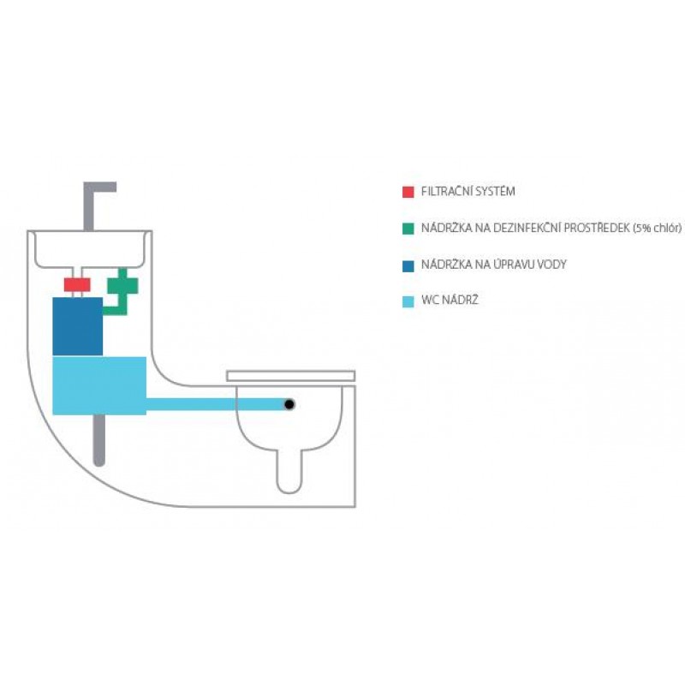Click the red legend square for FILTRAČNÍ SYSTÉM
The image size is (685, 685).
click(x=408, y=192)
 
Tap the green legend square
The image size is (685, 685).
click(x=408, y=229)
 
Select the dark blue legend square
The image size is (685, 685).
click(x=408, y=265)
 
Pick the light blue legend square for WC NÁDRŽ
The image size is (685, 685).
click(x=408, y=301)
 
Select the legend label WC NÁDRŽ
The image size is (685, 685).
click(x=446, y=301)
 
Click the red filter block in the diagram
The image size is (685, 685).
click(x=78, y=284)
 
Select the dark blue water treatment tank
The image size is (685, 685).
click(x=77, y=326)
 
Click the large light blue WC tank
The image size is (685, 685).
click(x=99, y=385)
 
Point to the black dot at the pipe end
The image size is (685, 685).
click(x=290, y=404)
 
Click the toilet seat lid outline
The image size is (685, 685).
click(x=290, y=375)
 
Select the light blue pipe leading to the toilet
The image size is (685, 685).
click(x=214, y=404)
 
